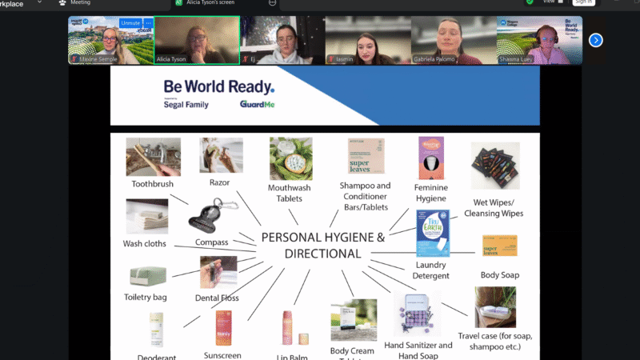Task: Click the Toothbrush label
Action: click(x=153, y=183)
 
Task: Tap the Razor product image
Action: click(x=221, y=155)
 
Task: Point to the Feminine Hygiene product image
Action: click(x=431, y=158)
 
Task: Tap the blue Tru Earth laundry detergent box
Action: click(x=433, y=233)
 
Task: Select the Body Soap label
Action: click(x=500, y=275)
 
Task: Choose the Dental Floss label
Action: click(x=217, y=298)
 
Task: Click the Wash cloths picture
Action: click(x=147, y=217)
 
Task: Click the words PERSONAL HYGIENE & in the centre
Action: click(x=323, y=238)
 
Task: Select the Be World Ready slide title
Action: click(x=218, y=86)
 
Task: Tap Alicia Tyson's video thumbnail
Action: click(x=196, y=40)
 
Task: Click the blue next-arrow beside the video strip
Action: click(x=595, y=40)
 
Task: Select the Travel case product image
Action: click(x=494, y=308)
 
